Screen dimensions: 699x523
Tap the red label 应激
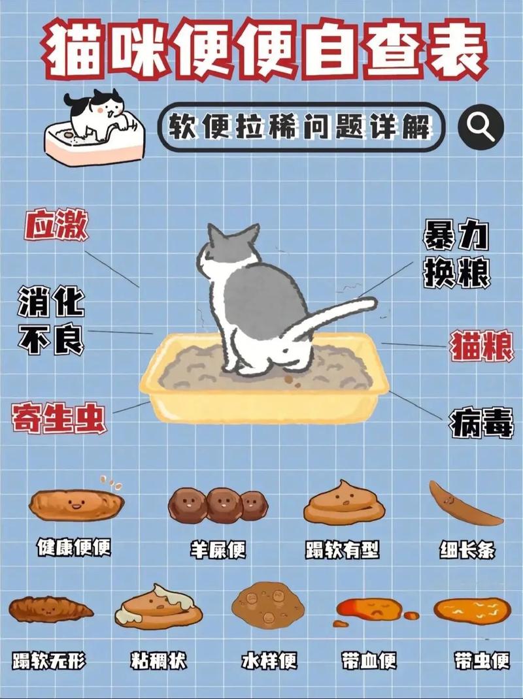[x=56, y=226]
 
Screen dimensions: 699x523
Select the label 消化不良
[x=51, y=320]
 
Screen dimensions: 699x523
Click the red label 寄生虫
[x=58, y=418]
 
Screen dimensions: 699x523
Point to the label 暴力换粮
[x=456, y=255]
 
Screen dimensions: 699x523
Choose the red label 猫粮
[x=482, y=346]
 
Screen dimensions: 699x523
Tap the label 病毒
[x=481, y=423]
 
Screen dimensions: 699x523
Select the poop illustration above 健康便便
[x=76, y=504]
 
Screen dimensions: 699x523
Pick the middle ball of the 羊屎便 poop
[x=224, y=504]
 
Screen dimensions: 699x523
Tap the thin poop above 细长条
[x=464, y=504]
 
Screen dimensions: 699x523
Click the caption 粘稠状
[x=159, y=660]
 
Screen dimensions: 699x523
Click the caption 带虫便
[x=482, y=660]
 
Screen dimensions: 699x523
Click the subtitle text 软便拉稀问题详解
[x=301, y=127]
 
